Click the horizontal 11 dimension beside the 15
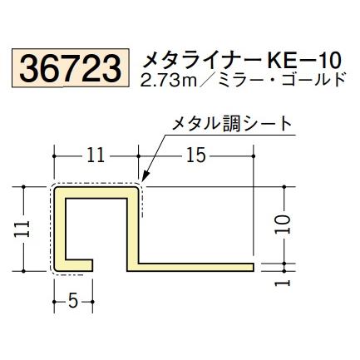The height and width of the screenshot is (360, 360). (x=96, y=155)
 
